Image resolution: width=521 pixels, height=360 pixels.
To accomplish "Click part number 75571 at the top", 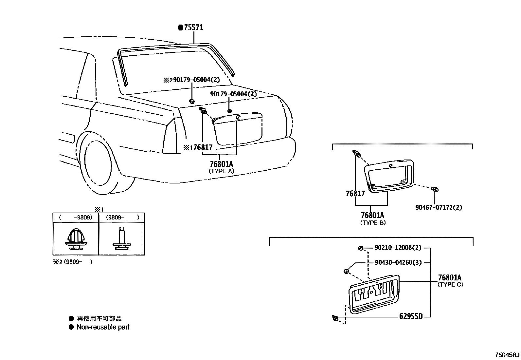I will (193, 28).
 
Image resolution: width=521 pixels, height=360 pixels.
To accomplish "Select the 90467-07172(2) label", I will (439, 207).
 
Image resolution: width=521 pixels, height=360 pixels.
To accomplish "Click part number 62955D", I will (411, 316).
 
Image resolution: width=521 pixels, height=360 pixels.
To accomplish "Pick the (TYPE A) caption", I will (222, 171).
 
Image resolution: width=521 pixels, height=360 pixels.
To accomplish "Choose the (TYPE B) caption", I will (373, 223).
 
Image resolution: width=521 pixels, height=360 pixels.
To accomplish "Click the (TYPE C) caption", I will (450, 285).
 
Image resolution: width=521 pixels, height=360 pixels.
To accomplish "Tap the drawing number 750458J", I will (507, 355).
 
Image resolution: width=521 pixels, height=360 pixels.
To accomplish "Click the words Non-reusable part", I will (103, 327).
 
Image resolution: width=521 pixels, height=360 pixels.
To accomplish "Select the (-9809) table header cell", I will (76, 217).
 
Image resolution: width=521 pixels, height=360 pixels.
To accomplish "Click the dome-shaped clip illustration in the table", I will (76, 239).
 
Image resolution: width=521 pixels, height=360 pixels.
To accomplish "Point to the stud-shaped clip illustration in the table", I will (121, 239).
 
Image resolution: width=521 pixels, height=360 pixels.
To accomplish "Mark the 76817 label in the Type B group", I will (355, 194).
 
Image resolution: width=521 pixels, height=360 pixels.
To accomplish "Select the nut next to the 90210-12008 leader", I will (360, 248).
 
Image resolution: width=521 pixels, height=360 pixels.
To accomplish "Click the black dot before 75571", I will (180, 28).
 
